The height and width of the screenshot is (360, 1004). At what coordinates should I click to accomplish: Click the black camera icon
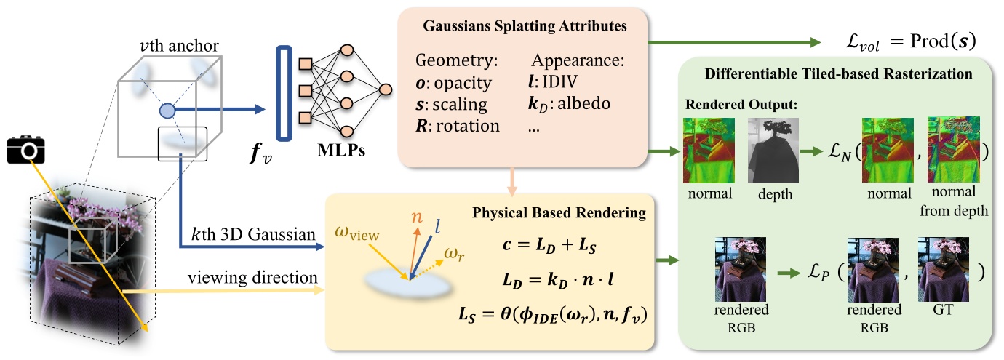click(x=26, y=149)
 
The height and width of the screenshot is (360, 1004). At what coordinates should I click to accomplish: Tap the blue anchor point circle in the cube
click(x=167, y=111)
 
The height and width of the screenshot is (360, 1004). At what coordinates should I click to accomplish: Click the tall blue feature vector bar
click(x=284, y=93)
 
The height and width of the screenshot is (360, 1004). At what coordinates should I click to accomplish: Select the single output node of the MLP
click(x=385, y=89)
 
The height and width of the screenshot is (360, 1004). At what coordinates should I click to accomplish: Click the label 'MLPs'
click(x=341, y=150)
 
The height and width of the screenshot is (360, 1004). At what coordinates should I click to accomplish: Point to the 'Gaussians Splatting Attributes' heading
click(x=525, y=25)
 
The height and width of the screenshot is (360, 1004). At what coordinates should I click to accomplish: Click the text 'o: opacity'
click(x=453, y=83)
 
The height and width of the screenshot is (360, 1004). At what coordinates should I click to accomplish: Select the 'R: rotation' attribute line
click(x=458, y=126)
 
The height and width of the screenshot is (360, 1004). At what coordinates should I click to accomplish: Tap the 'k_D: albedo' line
click(x=569, y=103)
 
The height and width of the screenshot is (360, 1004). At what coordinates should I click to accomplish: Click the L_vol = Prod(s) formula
click(x=910, y=41)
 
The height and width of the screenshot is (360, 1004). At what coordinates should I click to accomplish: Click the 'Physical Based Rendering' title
click(x=559, y=212)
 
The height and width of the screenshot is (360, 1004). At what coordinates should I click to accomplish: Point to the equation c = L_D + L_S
click(x=549, y=245)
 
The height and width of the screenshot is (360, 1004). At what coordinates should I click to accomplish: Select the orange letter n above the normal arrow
click(x=417, y=217)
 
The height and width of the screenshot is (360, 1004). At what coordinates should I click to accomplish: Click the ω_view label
click(x=356, y=233)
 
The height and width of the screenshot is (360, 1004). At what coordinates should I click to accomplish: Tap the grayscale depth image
click(x=773, y=151)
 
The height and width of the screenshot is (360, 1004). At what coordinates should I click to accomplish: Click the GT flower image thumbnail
click(x=944, y=269)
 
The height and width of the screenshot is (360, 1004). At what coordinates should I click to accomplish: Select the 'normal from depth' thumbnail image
click(x=954, y=150)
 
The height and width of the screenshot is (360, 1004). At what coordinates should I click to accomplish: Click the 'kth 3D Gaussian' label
click(x=253, y=234)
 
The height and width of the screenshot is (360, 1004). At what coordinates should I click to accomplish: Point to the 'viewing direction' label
click(x=252, y=278)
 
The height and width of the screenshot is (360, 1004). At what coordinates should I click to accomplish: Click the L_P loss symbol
click(x=819, y=272)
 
